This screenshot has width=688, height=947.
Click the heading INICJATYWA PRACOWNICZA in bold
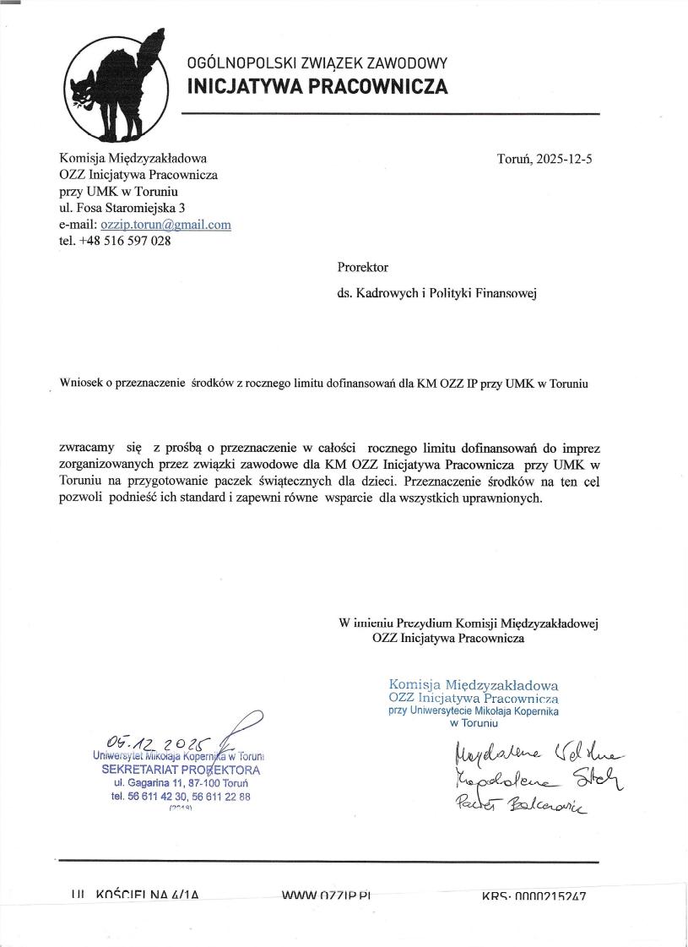pos(317,86)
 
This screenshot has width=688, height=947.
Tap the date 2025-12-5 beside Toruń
pos(565,158)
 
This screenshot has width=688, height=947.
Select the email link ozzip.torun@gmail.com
pos(165,225)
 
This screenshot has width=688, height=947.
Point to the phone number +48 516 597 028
pos(122,241)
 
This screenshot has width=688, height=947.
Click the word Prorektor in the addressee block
pos(362,267)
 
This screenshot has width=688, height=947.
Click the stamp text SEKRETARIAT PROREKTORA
pos(181,770)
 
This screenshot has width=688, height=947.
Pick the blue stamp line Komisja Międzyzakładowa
pos(474,685)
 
